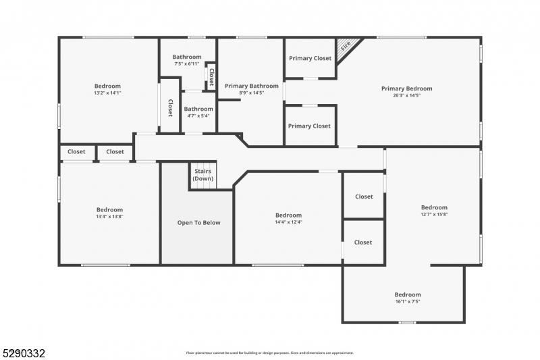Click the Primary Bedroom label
tap(406, 88)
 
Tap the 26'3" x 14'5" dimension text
tap(406, 96)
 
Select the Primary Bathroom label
tap(251, 86)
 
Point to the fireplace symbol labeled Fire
tap(346, 47)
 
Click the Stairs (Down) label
tap(202, 175)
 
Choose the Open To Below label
tap(198, 222)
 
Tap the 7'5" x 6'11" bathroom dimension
tap(186, 64)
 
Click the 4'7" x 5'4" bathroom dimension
tap(198, 115)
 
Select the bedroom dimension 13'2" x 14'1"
tap(107, 93)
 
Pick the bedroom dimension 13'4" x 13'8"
tap(109, 217)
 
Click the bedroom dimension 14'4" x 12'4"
tap(288, 222)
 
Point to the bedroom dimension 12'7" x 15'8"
tap(434, 215)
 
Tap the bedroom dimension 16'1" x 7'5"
tap(408, 302)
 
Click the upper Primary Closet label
tap(310, 58)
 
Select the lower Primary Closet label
tap(309, 126)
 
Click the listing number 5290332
tap(24, 353)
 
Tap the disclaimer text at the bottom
tap(270, 353)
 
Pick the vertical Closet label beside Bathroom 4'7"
tap(170, 108)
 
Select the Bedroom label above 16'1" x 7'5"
tap(408, 294)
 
